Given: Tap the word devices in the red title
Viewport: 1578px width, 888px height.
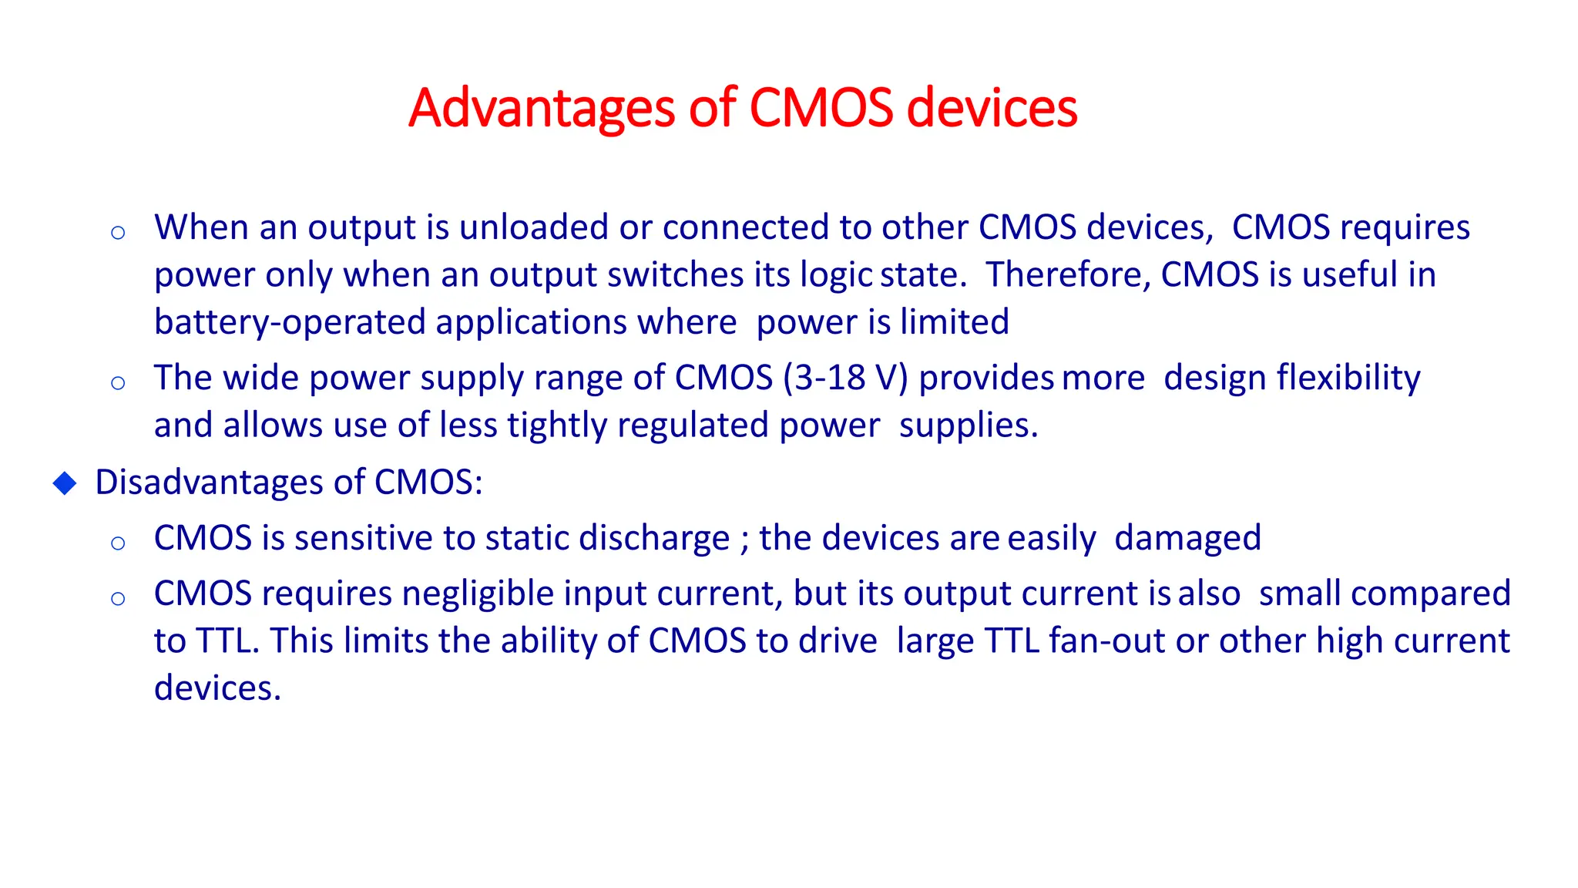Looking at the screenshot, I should click(x=992, y=108).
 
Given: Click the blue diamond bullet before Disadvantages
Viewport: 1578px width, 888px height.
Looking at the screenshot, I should click(x=65, y=483).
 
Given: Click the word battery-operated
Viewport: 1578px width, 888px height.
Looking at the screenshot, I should click(x=290, y=322).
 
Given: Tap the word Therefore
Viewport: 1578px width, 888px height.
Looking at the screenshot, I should click(x=1068, y=275).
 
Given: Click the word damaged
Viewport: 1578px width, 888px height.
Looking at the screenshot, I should click(x=1187, y=538).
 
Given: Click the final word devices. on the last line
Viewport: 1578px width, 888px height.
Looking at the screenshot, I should click(x=217, y=688).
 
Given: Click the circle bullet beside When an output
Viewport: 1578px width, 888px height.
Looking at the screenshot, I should click(x=118, y=233).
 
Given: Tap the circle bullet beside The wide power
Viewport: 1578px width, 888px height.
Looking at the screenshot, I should click(x=118, y=383).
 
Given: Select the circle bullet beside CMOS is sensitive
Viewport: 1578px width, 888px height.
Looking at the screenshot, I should click(x=118, y=543).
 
